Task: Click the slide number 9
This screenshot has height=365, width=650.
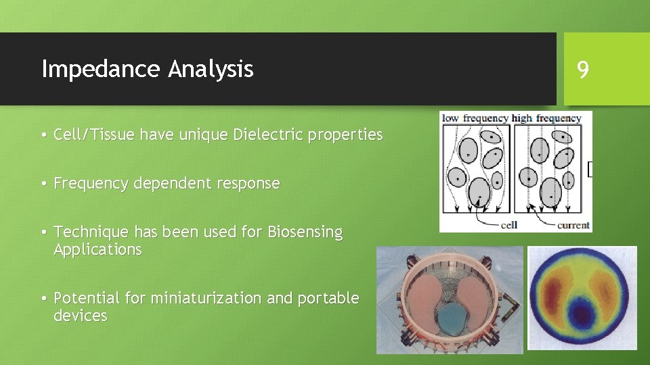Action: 582,68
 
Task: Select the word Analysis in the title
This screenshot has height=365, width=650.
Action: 211,69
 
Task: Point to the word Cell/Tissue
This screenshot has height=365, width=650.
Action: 94,135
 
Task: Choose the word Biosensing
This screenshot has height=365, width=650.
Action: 305,232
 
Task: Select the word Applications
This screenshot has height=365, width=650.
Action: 97,249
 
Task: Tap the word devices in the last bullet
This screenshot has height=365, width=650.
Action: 80,316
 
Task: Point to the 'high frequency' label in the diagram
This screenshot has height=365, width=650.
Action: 546,118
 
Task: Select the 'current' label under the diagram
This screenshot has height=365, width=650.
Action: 572,225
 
